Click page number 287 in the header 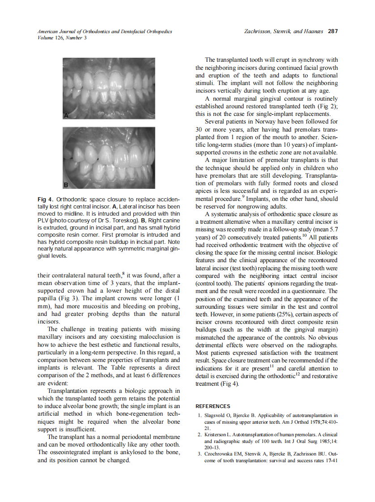[332, 31]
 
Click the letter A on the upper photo [65, 116]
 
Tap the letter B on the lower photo [65, 184]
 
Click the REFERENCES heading [213, 406]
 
